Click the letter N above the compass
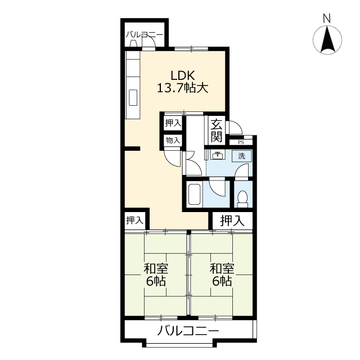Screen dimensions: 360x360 pyautogui.click(x=326, y=19)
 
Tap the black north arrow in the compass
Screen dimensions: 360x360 pyautogui.click(x=327, y=39)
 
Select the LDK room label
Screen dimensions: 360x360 pyautogui.click(x=182, y=75)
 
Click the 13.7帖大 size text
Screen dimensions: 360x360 pyautogui.click(x=182, y=88)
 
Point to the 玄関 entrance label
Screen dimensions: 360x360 pyautogui.click(x=217, y=131)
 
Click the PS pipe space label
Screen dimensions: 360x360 pyautogui.click(x=241, y=142)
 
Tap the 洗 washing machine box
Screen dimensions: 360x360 pyautogui.click(x=241, y=156)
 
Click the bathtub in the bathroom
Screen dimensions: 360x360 pyautogui.click(x=194, y=194)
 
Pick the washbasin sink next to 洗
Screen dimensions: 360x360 pyautogui.click(x=217, y=155)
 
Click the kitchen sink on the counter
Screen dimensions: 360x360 pyautogui.click(x=133, y=97)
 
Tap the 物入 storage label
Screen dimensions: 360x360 pyautogui.click(x=173, y=140)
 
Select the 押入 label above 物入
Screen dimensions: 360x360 pyautogui.click(x=173, y=123)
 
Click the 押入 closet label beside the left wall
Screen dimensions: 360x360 pyautogui.click(x=135, y=220)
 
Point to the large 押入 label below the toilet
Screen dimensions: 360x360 pyautogui.click(x=232, y=220)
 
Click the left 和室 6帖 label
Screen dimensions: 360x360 pyautogui.click(x=156, y=274)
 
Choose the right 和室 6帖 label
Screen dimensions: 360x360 pyautogui.click(x=222, y=274)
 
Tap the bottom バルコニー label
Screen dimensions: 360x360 pyautogui.click(x=188, y=331)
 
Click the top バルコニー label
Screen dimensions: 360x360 pyautogui.click(x=144, y=35)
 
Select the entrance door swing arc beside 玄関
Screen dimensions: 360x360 pyautogui.click(x=236, y=127)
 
